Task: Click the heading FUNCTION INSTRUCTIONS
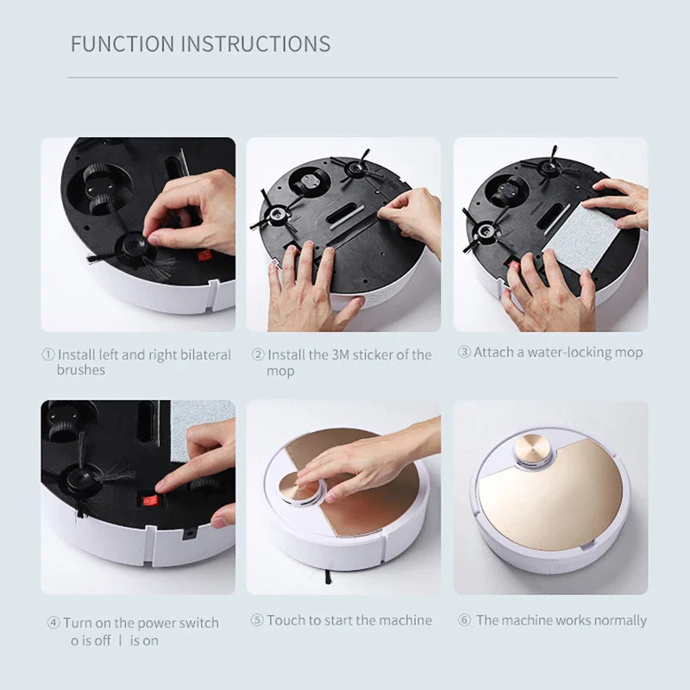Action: tap(200, 44)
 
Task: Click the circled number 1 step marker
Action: tap(48, 354)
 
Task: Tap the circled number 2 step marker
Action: tap(258, 354)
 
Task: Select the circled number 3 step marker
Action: tap(464, 352)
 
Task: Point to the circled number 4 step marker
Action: tap(53, 623)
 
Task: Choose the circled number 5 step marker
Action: tap(257, 620)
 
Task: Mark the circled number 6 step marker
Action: tap(464, 620)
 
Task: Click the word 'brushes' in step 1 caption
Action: tap(81, 370)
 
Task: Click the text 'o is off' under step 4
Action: tap(91, 641)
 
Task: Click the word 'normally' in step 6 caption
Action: tap(618, 620)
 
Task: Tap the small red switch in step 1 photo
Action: tap(205, 255)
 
